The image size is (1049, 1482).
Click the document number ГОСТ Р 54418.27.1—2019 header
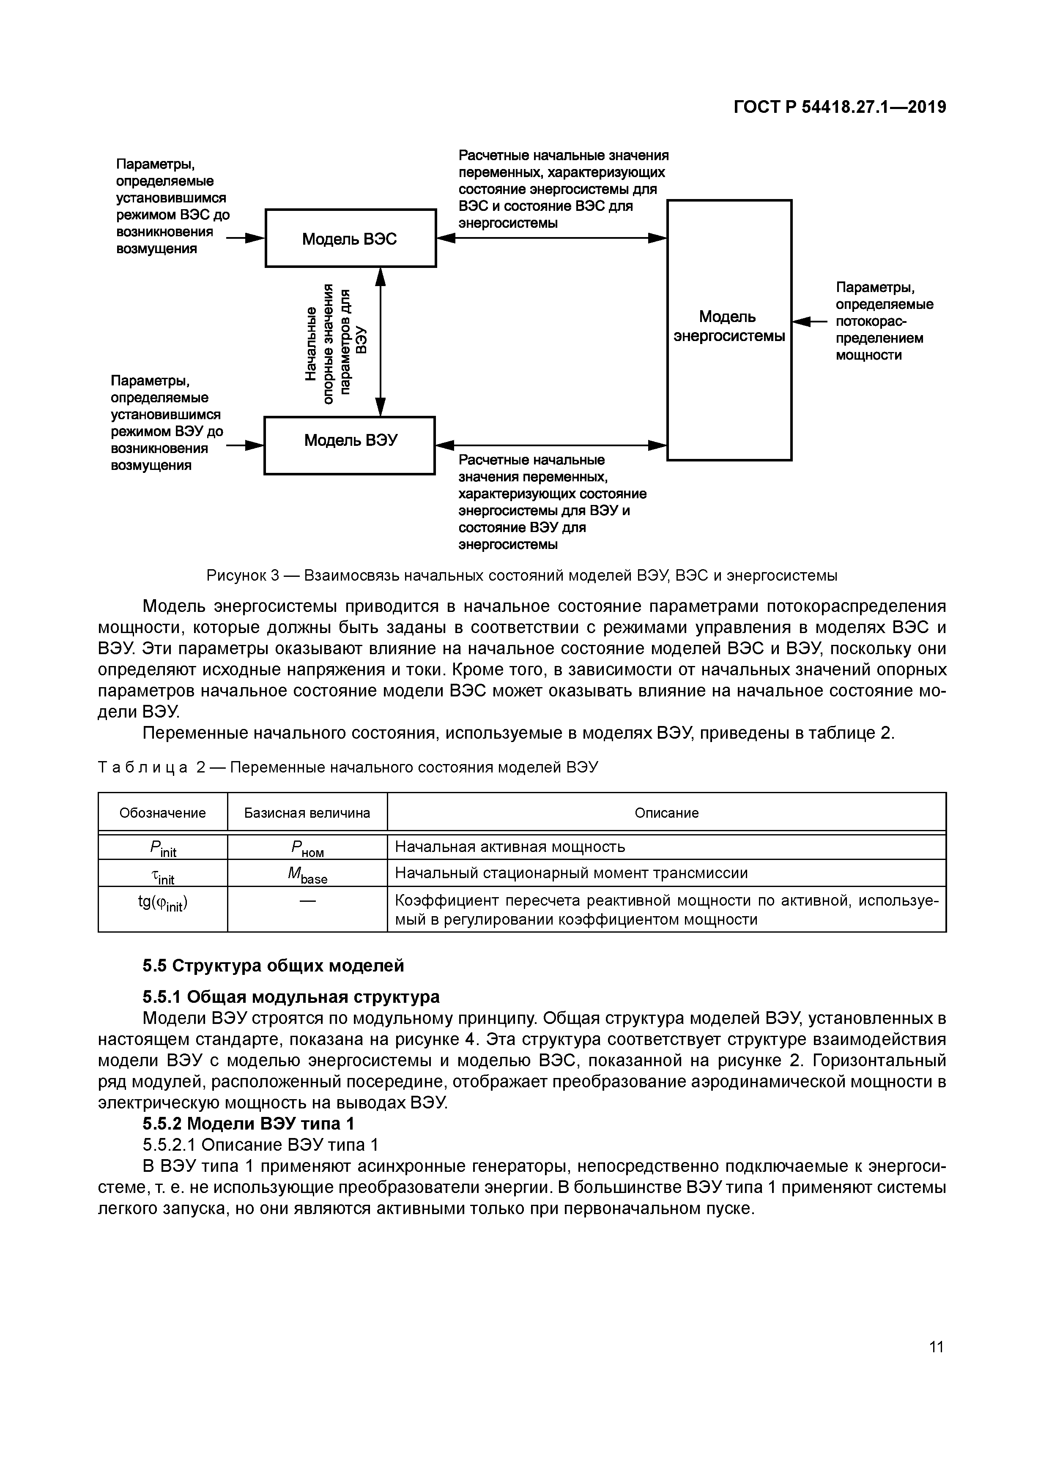coord(840,107)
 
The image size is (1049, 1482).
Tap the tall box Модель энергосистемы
coord(729,329)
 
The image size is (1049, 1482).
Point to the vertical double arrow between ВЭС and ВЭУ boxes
coord(381,342)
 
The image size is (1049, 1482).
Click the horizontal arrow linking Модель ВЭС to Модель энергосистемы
coord(552,238)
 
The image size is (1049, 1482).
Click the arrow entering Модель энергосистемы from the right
coord(809,321)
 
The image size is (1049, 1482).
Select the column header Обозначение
coord(163,813)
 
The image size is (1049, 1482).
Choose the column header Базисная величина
coord(307,813)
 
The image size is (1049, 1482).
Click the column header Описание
coord(667,813)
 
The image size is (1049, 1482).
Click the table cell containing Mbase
coord(307,874)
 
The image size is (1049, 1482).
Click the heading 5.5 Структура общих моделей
coord(273,966)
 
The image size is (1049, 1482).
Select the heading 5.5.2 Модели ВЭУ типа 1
coord(248,1123)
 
